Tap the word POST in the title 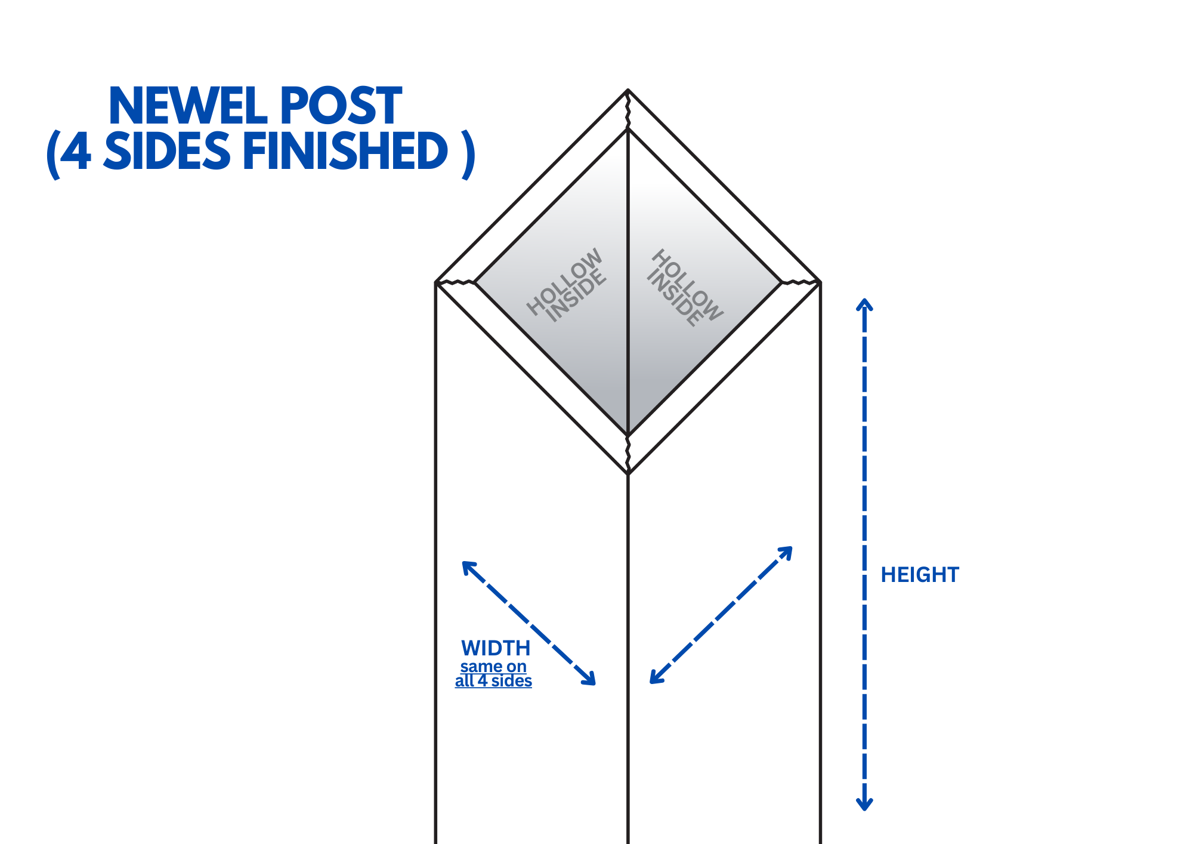(x=341, y=106)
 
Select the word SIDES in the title (x=167, y=151)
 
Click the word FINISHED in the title (x=345, y=151)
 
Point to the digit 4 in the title (x=76, y=151)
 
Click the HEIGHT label (x=920, y=575)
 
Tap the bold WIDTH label (x=496, y=648)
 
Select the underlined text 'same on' (x=493, y=666)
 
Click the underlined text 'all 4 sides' (x=493, y=681)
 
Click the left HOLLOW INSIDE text (x=567, y=285)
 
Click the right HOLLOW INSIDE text (x=685, y=288)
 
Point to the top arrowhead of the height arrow (x=864, y=304)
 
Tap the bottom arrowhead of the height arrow (x=864, y=804)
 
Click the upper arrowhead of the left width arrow (x=469, y=568)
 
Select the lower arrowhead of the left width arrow (x=589, y=678)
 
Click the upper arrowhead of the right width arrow (x=786, y=553)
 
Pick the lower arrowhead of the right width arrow (x=657, y=676)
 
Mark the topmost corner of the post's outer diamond (x=628, y=90)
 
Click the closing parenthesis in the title (x=468, y=154)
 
